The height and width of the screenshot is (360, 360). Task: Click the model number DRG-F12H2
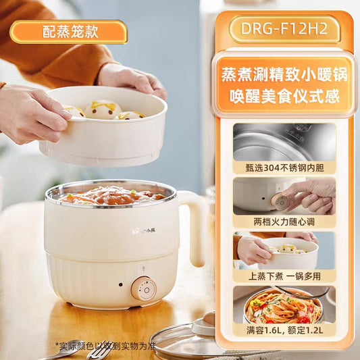(x=284, y=28)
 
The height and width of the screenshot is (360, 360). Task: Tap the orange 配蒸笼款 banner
(x=69, y=32)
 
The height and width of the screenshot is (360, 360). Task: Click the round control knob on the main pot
(x=144, y=289)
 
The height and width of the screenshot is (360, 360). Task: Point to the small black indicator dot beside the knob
(x=121, y=285)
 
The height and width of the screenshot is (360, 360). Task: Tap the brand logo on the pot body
(x=144, y=230)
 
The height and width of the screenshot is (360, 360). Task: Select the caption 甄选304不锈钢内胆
(x=285, y=168)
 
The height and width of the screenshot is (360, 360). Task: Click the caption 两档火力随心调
(x=284, y=222)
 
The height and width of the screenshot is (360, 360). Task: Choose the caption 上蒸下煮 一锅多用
(x=284, y=276)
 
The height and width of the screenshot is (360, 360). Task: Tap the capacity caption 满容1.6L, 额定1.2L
(x=285, y=330)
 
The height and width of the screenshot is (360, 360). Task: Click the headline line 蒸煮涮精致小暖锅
(x=284, y=74)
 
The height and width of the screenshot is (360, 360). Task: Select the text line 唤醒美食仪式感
(x=284, y=96)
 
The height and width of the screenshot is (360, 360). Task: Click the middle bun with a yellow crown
(x=103, y=109)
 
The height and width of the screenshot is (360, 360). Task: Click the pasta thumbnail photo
(x=284, y=305)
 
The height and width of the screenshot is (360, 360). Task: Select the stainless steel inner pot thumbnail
(x=284, y=143)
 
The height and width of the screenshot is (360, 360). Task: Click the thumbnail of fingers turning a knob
(x=284, y=197)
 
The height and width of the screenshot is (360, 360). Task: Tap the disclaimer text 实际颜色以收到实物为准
(x=105, y=346)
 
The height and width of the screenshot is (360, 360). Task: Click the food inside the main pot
(x=113, y=196)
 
